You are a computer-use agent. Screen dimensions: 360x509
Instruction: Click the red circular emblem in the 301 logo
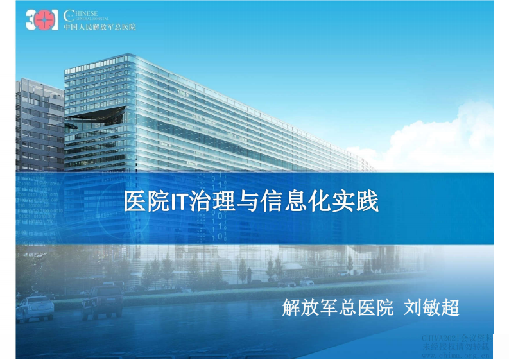click(x=43, y=21)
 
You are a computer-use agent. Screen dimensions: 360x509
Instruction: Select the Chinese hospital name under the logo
click(x=99, y=26)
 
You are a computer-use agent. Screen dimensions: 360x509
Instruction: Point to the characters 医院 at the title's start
click(x=144, y=201)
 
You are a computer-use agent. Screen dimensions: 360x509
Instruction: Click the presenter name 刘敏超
click(x=432, y=307)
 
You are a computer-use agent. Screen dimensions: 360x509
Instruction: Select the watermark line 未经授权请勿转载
click(x=455, y=346)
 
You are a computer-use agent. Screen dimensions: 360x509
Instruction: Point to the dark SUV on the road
click(x=102, y=300)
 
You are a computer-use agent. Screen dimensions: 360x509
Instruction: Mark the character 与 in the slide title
click(x=245, y=201)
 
